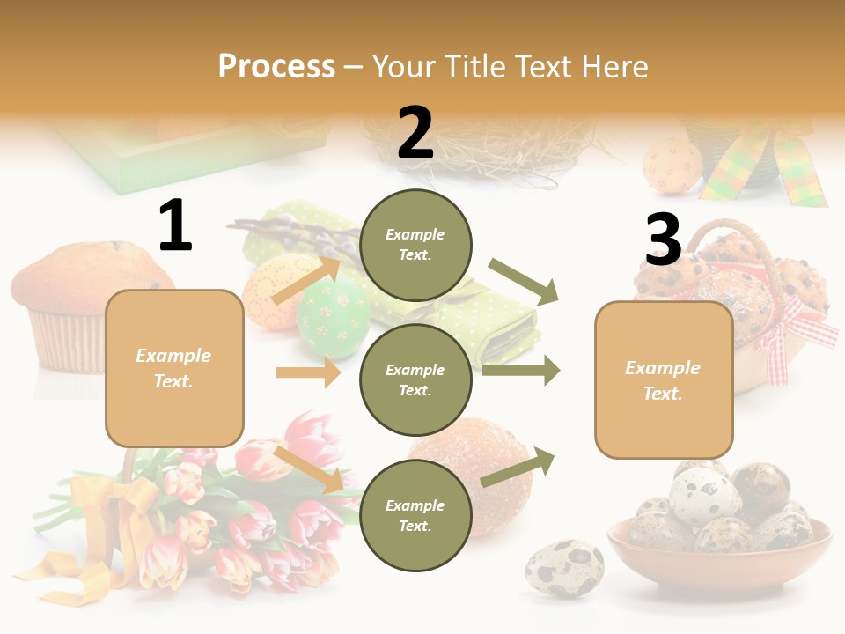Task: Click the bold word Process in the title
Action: point(276,67)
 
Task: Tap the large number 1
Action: point(175,226)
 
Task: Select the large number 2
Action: point(415,133)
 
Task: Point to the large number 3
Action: point(663,240)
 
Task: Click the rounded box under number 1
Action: point(174,368)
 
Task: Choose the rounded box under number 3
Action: point(664,380)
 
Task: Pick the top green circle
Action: point(415,245)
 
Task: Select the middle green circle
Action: point(415,380)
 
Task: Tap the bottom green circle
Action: point(415,515)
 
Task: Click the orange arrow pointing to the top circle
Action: point(306,279)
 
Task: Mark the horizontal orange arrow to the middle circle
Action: point(308,372)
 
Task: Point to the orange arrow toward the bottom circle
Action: point(308,469)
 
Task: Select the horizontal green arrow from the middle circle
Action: point(521,370)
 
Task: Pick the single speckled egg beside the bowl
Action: point(564,568)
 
